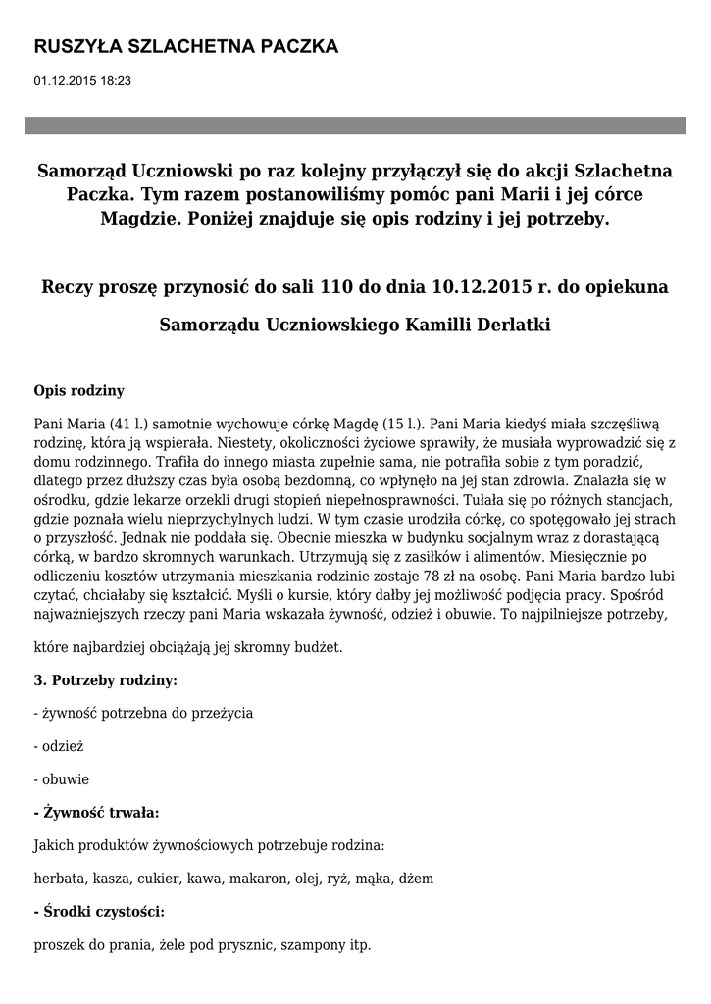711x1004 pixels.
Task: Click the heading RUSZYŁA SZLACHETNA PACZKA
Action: click(185, 47)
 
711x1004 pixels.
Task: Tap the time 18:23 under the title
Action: click(114, 80)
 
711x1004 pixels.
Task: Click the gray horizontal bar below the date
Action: click(355, 125)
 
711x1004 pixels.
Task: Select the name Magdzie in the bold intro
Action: click(134, 218)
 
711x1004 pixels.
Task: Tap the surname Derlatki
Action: click(508, 324)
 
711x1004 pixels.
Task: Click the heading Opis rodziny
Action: click(78, 390)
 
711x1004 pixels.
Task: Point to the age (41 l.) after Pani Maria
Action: click(127, 424)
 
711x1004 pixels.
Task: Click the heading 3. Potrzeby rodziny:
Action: click(105, 679)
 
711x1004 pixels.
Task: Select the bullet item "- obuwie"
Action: click(61, 779)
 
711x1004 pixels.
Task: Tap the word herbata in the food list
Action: click(58, 878)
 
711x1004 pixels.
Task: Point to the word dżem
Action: click(415, 878)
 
